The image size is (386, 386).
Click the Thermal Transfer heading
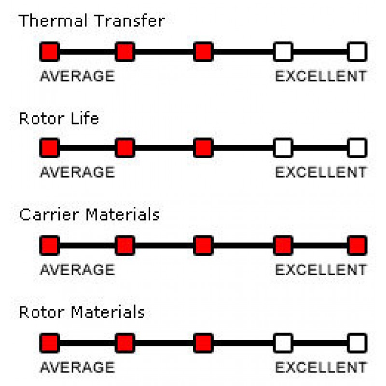click(92, 20)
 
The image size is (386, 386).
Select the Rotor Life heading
click(59, 118)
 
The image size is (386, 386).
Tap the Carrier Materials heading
click(89, 214)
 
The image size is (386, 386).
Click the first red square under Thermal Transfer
click(50, 52)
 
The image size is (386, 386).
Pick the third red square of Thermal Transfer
click(203, 52)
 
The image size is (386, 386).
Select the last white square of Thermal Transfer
click(357, 52)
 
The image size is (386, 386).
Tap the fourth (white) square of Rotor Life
click(283, 148)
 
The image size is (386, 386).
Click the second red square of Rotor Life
click(125, 148)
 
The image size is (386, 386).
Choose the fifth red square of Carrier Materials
click(357, 246)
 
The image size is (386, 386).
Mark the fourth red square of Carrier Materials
click(283, 246)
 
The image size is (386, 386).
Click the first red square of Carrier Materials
click(50, 246)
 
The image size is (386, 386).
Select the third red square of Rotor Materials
click(203, 343)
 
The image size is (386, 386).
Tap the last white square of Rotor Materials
click(357, 343)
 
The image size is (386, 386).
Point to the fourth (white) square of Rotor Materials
click(283, 343)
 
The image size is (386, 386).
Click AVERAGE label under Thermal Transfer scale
click(77, 76)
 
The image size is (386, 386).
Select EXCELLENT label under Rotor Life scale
click(321, 172)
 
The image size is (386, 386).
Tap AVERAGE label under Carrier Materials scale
click(77, 270)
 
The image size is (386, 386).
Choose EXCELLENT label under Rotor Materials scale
click(321, 367)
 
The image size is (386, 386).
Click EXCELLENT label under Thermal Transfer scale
click(321, 76)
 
